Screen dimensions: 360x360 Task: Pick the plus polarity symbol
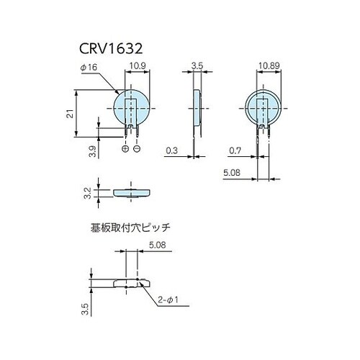tap(126, 148)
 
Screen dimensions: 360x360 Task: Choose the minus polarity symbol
tap(137, 148)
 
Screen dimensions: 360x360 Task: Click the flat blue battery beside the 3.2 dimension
tap(131, 192)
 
